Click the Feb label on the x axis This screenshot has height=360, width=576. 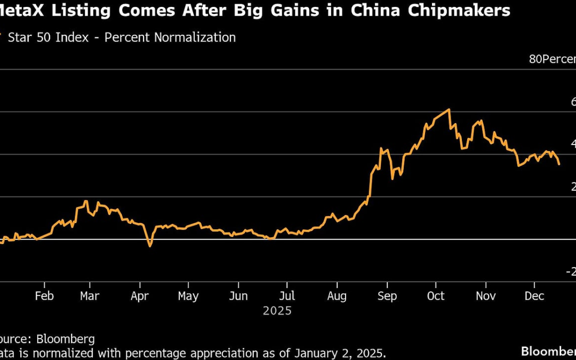44,296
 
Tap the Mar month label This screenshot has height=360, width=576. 90,296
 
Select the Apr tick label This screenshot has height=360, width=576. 139,296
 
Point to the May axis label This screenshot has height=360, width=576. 188,296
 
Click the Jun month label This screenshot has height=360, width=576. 238,296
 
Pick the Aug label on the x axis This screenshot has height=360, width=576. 337,296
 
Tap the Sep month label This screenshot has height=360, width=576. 387,296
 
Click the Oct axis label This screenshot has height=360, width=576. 436,296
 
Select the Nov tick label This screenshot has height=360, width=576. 486,296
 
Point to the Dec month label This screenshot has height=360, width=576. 534,296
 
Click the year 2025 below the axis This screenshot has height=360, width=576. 277,310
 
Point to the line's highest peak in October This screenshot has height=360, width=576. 450,110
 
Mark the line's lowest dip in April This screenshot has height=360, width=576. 150,246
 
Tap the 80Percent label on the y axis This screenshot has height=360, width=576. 552,59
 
